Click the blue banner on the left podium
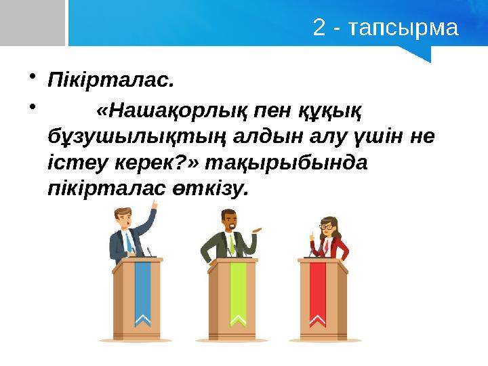142,291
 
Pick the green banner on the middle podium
238,291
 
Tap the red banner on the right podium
317,291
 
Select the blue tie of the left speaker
127,241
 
